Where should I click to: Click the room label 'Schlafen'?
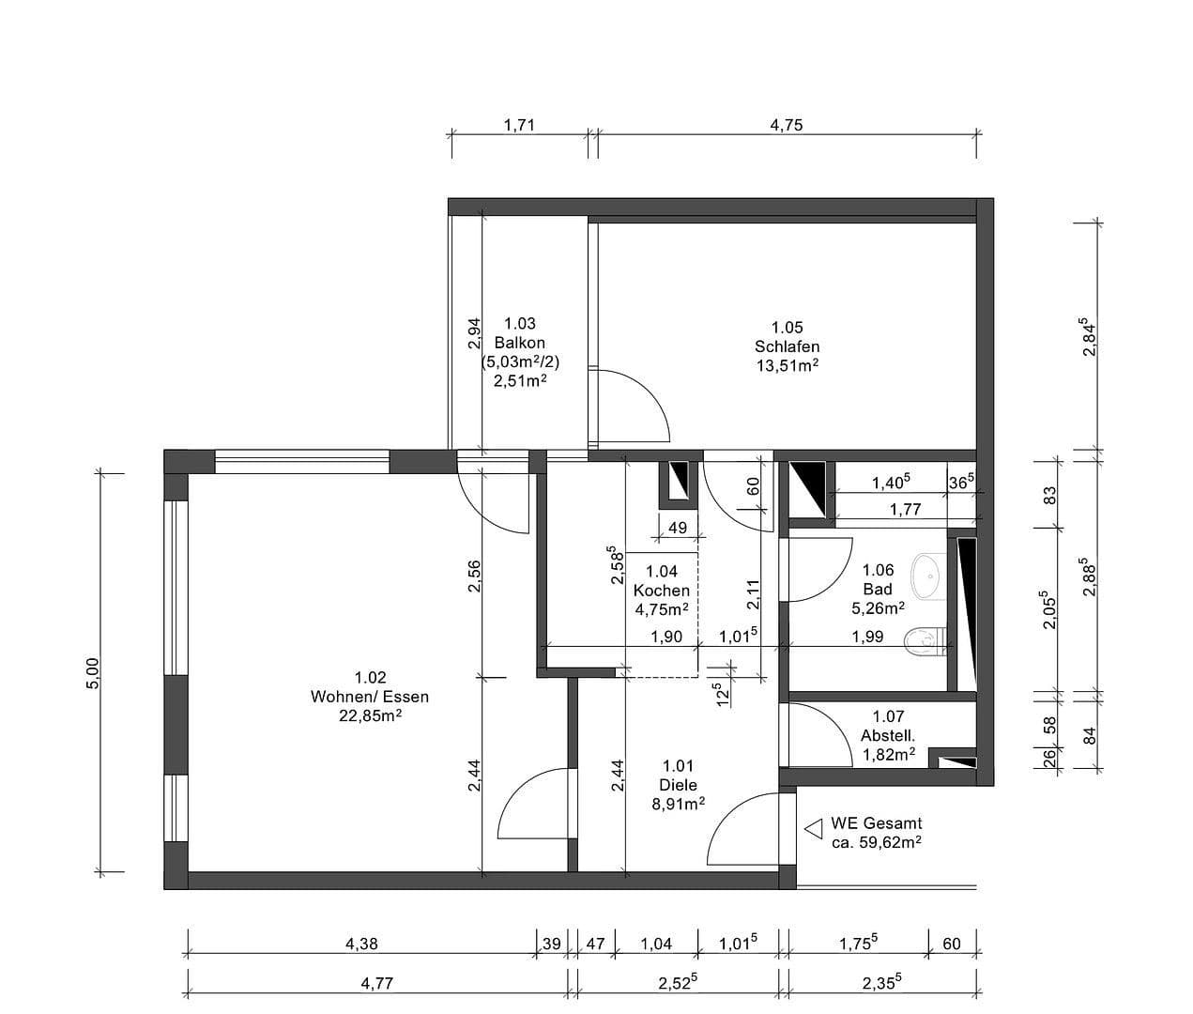click(787, 346)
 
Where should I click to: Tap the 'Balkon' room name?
click(519, 343)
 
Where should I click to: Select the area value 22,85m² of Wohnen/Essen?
click(370, 715)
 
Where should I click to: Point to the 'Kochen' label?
click(661, 591)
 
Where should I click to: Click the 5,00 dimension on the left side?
click(92, 672)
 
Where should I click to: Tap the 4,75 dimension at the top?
click(787, 124)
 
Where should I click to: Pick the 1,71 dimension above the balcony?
click(519, 124)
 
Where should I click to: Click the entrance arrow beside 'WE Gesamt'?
click(813, 829)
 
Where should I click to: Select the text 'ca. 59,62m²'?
click(876, 842)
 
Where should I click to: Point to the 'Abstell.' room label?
click(888, 735)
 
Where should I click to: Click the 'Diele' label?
click(678, 785)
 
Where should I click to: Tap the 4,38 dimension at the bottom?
click(361, 944)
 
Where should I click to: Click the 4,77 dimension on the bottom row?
click(376, 983)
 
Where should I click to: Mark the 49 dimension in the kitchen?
click(677, 528)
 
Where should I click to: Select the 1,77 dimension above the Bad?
click(905, 510)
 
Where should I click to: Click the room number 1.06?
click(878, 570)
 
